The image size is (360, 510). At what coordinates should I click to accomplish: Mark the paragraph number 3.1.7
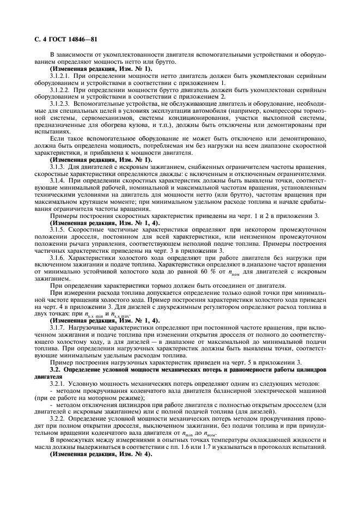59,327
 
